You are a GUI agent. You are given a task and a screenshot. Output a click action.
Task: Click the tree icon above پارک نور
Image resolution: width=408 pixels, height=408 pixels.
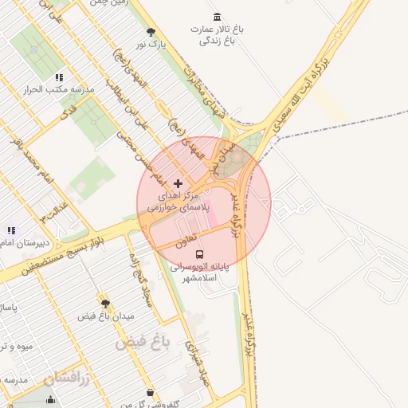coord(151,32)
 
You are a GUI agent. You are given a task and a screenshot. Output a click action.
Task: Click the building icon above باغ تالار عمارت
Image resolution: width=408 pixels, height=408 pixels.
coord(218,17)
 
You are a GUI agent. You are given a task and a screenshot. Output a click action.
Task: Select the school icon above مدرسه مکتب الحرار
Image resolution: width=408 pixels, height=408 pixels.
coord(59,77)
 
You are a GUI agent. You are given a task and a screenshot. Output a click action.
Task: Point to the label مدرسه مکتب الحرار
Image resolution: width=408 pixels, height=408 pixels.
coord(61,90)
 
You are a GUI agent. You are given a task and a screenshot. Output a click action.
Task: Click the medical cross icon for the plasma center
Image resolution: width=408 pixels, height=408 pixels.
coord(178,183)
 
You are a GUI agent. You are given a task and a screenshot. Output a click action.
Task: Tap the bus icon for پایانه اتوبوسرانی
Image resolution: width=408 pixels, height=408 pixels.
coord(198,255)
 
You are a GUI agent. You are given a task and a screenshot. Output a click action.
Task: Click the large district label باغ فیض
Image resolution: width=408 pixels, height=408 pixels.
coord(143,343)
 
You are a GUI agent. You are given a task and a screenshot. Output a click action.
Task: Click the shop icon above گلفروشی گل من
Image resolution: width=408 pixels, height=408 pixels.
coord(151,392)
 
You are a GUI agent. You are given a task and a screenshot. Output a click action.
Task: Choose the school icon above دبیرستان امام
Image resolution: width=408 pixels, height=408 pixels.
coord(11,231)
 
